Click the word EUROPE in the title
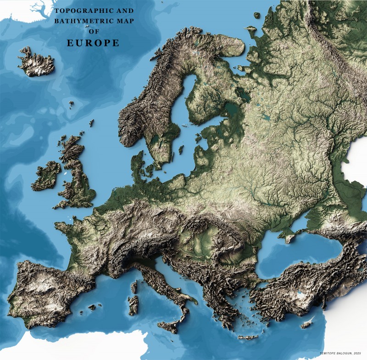pos(93,43)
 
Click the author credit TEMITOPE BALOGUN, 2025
pos(340,353)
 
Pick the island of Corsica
pos(134,287)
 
